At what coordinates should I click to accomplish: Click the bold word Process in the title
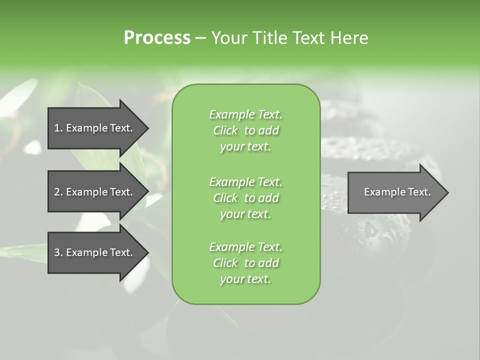[x=157, y=38]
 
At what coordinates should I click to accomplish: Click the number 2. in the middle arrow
[x=58, y=192]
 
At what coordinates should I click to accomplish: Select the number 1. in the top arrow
[x=58, y=128]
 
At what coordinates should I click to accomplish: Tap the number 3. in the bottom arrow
[x=58, y=252]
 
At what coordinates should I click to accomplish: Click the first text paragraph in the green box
[x=246, y=130]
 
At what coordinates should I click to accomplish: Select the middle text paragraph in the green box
[x=246, y=198]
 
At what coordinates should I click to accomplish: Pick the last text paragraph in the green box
[x=246, y=263]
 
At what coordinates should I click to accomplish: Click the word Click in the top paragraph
[x=225, y=130]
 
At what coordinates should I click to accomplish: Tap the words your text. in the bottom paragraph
[x=245, y=279]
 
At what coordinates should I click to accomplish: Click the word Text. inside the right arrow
[x=417, y=192]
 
